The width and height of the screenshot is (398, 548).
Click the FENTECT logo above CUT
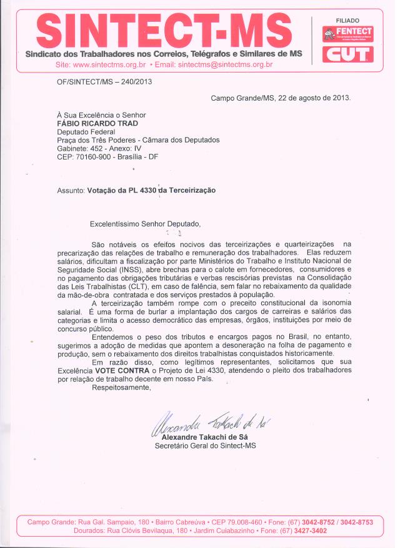[347, 34]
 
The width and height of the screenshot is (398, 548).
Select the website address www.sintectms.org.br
[109, 64]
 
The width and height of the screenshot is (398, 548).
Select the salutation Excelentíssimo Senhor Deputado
[147, 223]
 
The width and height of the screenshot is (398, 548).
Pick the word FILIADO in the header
[347, 21]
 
